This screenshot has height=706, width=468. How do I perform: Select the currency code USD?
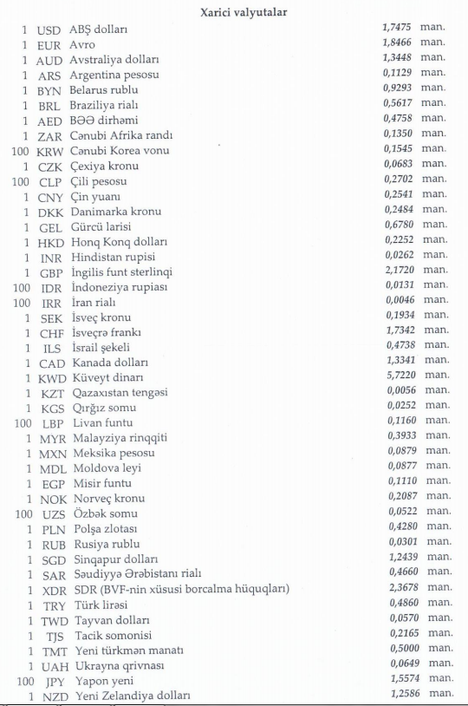(x=49, y=29)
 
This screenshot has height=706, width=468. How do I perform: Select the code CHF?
(x=51, y=332)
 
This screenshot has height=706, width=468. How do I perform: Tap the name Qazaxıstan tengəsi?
(x=120, y=393)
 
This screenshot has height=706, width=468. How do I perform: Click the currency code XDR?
(x=50, y=590)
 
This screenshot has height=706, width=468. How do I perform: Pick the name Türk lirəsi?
(x=94, y=605)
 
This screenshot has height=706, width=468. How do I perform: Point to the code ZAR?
(x=50, y=136)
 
